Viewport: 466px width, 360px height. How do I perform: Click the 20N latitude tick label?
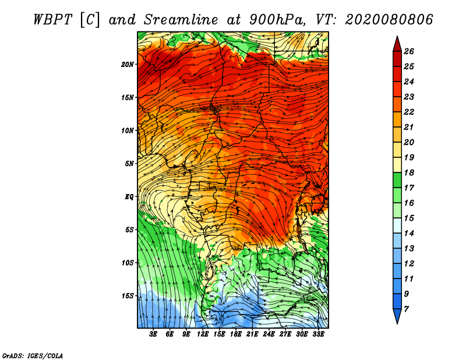point(128,64)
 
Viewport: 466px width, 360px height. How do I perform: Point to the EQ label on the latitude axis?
point(129,197)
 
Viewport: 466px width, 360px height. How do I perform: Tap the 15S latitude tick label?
point(128,296)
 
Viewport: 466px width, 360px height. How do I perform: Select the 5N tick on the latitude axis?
point(129,164)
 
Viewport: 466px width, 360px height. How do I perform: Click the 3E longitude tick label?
point(154,334)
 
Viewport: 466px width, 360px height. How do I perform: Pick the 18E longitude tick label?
point(236,334)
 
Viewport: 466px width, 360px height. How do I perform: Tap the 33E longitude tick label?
point(318,334)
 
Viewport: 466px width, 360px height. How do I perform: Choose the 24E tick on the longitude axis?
point(269,334)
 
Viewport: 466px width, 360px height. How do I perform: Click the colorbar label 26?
point(416,51)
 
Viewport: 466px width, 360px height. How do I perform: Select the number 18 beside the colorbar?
point(416,172)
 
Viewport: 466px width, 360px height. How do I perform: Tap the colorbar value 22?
point(416,112)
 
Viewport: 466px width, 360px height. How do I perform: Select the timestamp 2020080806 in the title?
point(389,19)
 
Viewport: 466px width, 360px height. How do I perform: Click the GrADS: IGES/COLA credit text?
point(33,355)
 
